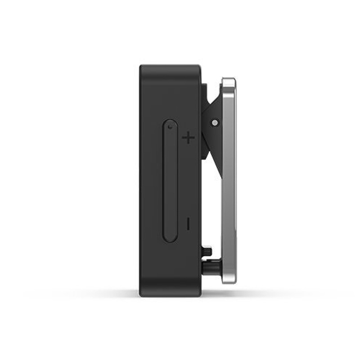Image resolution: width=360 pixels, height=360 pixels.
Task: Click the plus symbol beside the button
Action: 189,137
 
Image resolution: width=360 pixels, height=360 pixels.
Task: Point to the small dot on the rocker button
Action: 170,127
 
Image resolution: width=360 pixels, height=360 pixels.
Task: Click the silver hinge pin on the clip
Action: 215,122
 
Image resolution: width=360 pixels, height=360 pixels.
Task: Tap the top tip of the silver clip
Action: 229,81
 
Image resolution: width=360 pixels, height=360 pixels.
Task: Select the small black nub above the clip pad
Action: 207,250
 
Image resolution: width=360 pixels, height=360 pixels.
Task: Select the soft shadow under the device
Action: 171,301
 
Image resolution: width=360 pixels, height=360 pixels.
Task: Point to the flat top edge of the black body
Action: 170,66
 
